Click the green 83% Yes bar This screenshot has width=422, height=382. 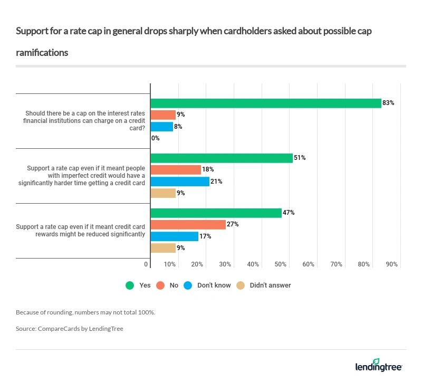266,103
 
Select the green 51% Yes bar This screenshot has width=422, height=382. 222,158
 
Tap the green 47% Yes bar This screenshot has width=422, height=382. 216,213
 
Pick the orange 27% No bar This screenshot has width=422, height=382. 188,224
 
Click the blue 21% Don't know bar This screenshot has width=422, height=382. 180,182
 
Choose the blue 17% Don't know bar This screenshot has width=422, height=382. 175,236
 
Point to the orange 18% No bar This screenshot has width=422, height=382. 176,169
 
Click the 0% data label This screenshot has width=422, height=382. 156,138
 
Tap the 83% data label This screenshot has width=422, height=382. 388,103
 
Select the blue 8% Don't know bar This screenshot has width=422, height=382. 162,127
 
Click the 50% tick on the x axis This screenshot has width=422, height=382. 281,264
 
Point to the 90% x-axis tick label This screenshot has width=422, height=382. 391,264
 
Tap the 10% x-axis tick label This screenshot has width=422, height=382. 170,264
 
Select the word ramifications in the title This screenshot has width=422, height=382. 42,53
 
